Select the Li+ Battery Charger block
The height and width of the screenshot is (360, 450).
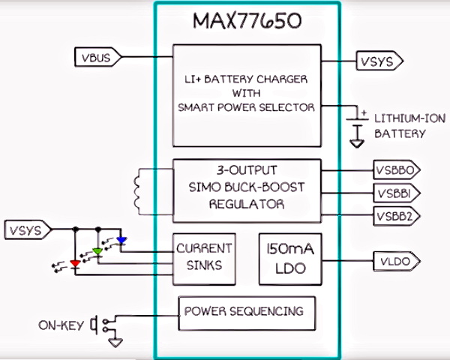tap(247, 91)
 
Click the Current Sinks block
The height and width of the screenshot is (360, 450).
tap(203, 256)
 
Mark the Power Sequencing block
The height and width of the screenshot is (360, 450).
tap(244, 310)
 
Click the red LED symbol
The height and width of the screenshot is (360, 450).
tap(74, 263)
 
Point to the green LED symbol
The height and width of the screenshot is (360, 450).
tap(97, 252)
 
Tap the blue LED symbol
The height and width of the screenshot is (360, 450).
tap(121, 241)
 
